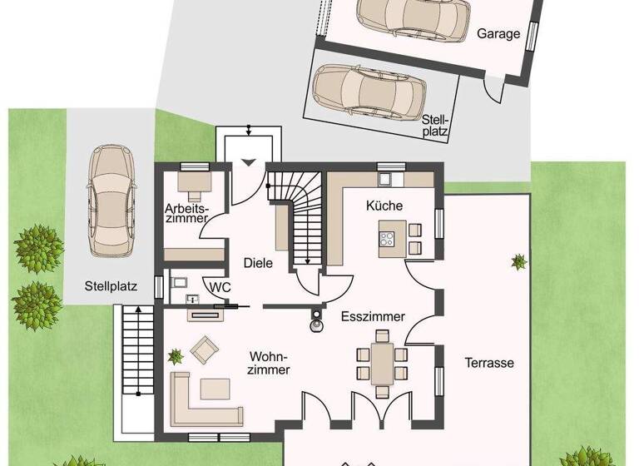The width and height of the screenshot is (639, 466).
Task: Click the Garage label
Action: tap(498, 34)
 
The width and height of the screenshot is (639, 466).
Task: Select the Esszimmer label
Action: tap(373, 317)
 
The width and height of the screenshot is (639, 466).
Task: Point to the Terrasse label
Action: tap(489, 363)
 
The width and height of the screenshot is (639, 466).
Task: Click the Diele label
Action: tap(259, 263)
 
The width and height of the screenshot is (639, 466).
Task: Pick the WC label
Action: tap(220, 287)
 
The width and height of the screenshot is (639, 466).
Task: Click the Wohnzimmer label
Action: tap(269, 363)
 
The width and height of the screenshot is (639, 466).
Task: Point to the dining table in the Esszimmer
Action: tap(382, 363)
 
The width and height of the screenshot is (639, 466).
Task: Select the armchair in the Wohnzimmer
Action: tap(204, 349)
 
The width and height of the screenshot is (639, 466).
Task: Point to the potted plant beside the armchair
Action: tap(176, 357)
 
